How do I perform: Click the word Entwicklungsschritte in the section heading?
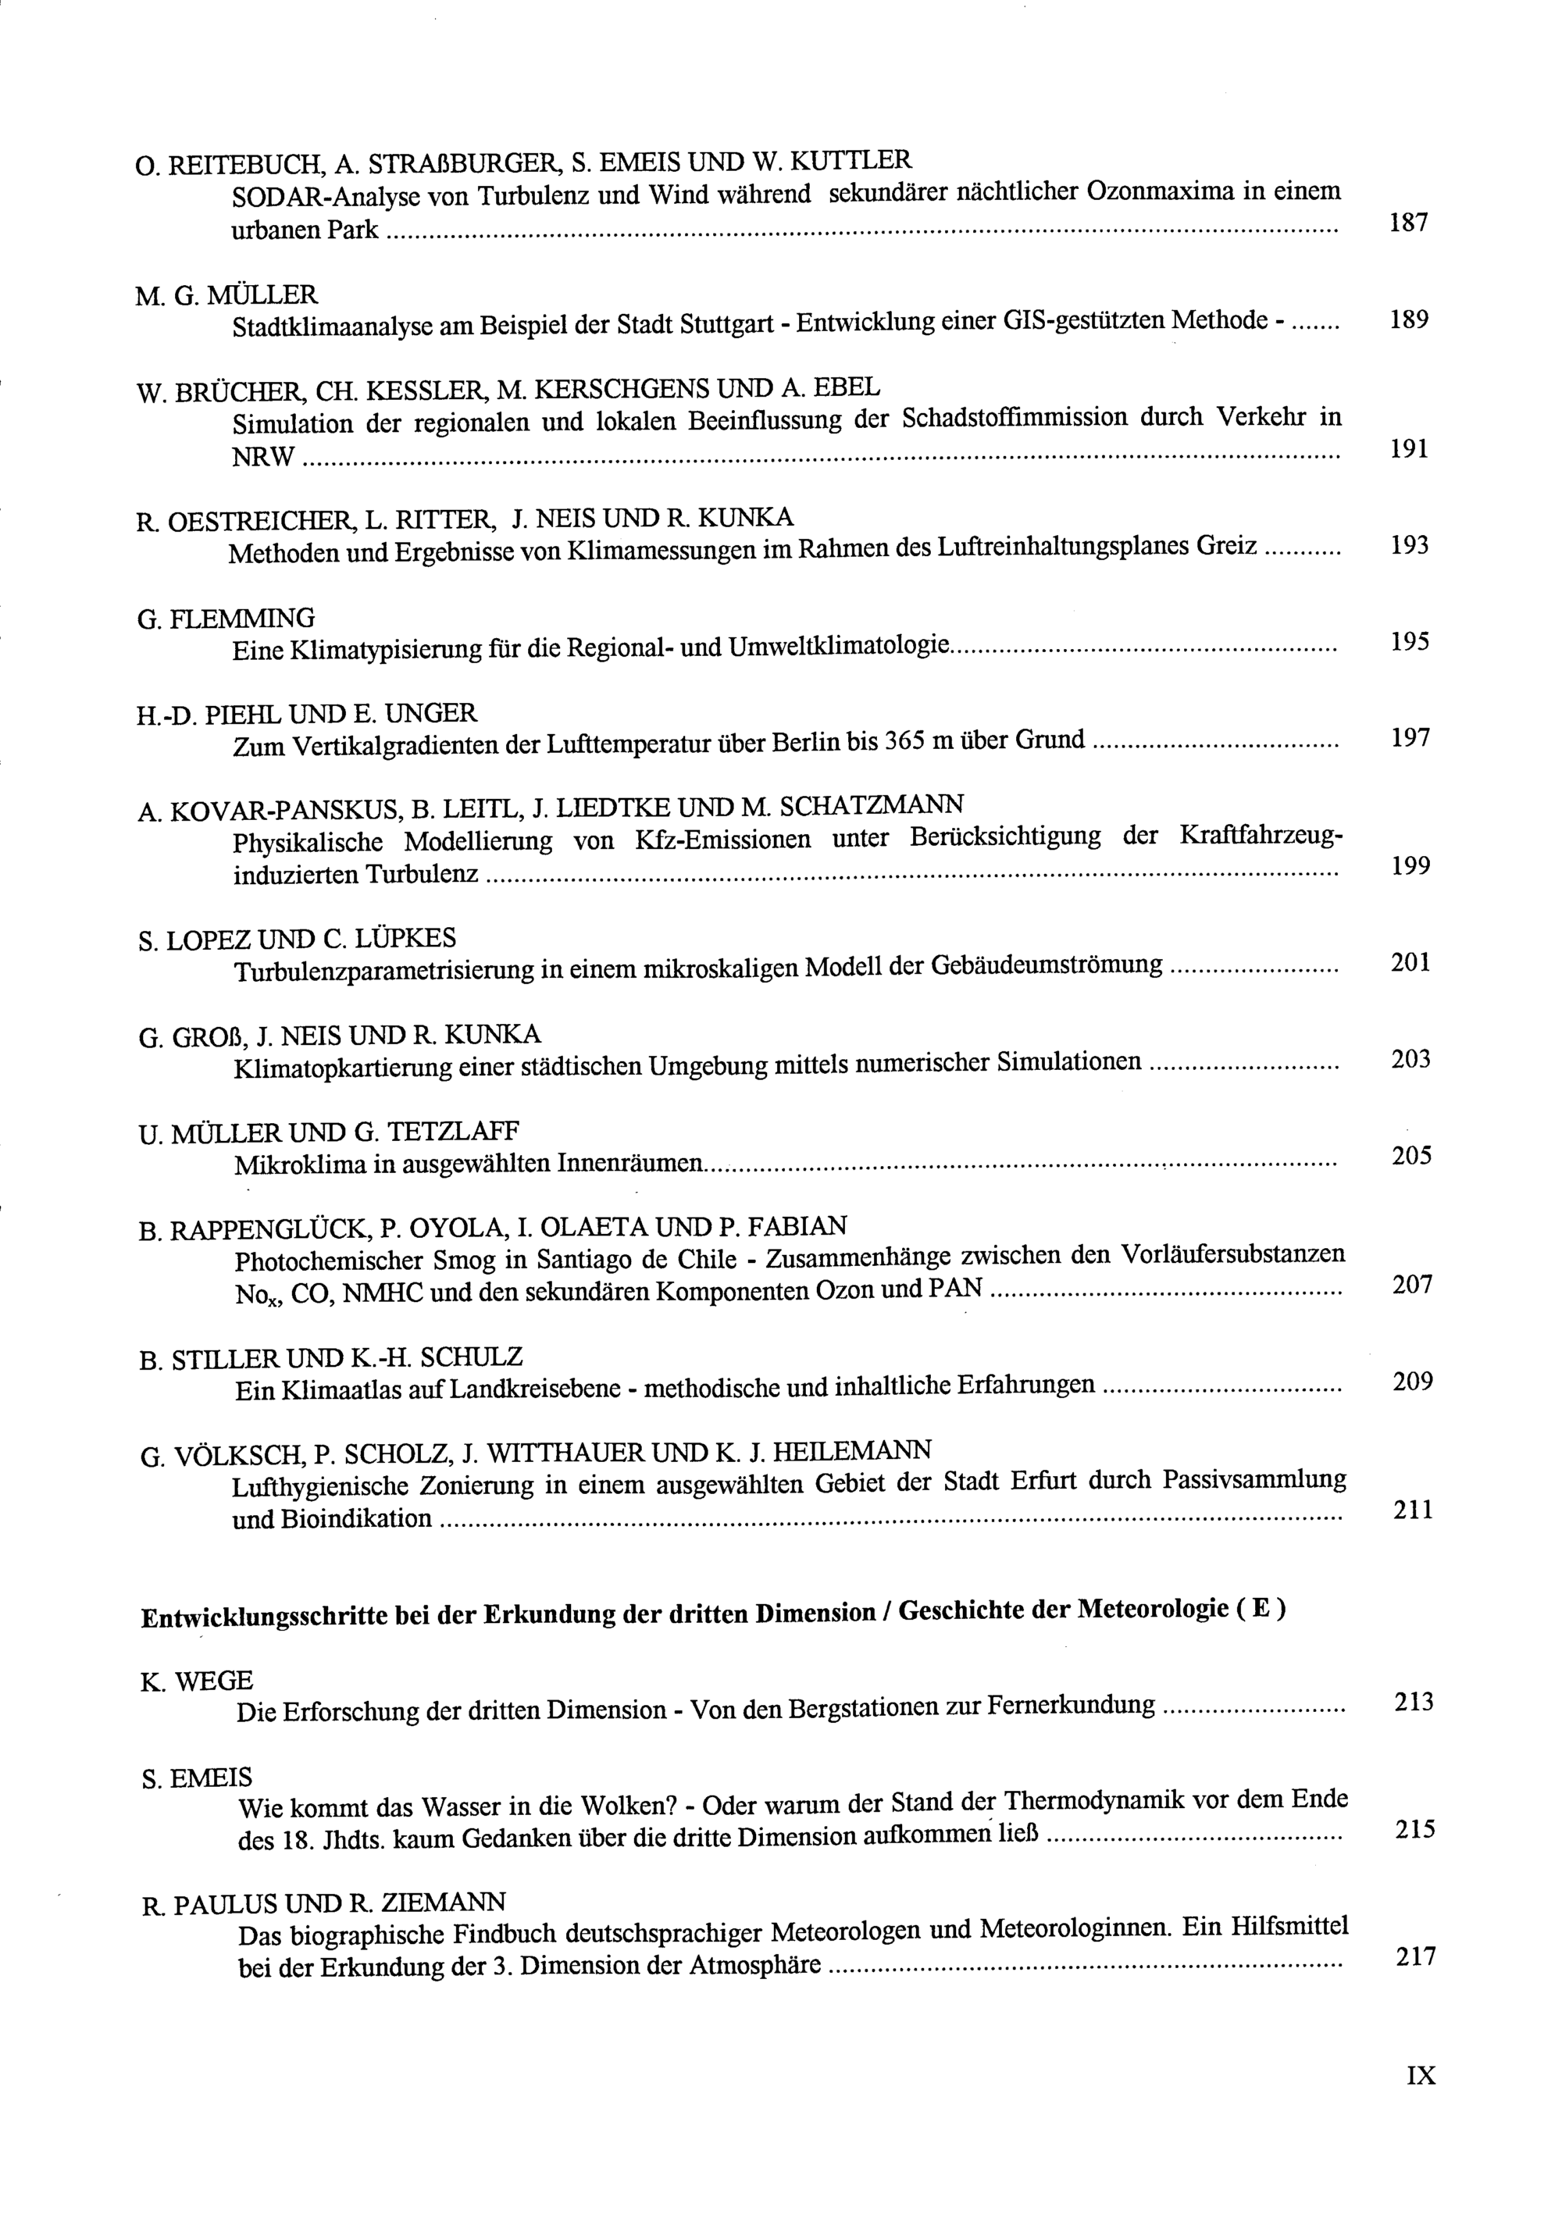tap(261, 1617)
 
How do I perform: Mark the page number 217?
tap(1415, 1956)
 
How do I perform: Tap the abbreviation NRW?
tap(263, 457)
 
